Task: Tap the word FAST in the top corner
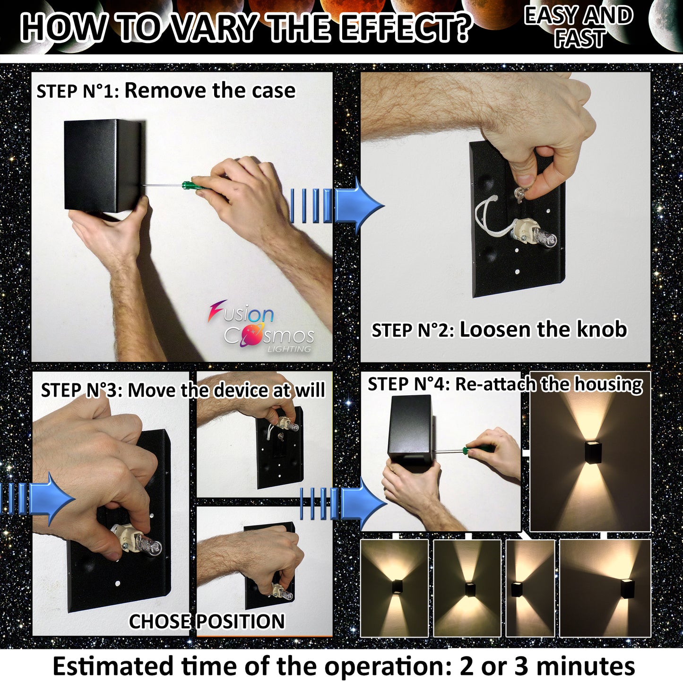click(580, 38)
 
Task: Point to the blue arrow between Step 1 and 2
click(337, 206)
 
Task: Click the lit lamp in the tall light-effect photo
click(592, 453)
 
